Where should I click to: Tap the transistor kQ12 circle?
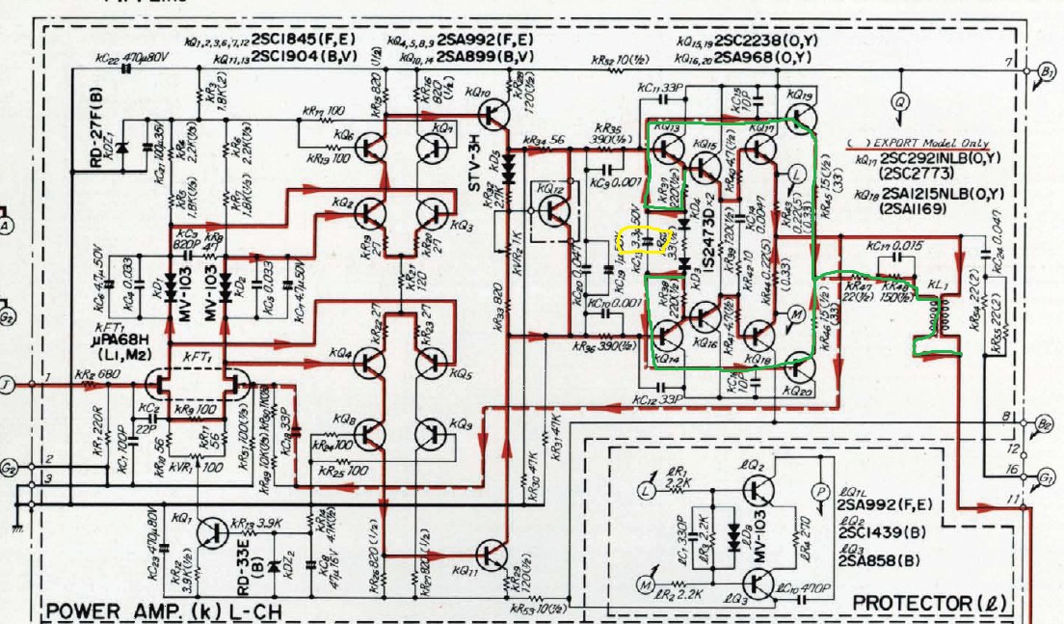point(553,211)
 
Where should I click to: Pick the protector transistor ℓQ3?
point(761,582)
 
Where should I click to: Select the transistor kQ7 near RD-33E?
point(213,531)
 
